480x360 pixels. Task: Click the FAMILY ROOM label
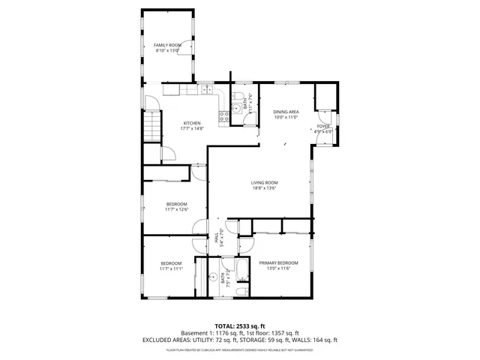tap(168, 46)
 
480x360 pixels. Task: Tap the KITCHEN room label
tap(192, 123)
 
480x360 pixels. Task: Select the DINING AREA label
tap(286, 112)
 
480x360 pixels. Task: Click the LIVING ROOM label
tap(264, 183)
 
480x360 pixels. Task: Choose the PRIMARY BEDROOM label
tap(278, 262)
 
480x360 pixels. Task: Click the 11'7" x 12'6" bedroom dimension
tap(176, 209)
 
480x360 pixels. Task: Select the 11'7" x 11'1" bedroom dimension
tap(171, 268)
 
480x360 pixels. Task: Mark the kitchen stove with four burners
tap(223, 115)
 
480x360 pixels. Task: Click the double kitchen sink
tap(206, 89)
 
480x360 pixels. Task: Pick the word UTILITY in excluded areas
tap(193, 339)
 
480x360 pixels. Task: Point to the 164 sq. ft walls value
tap(322, 339)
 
